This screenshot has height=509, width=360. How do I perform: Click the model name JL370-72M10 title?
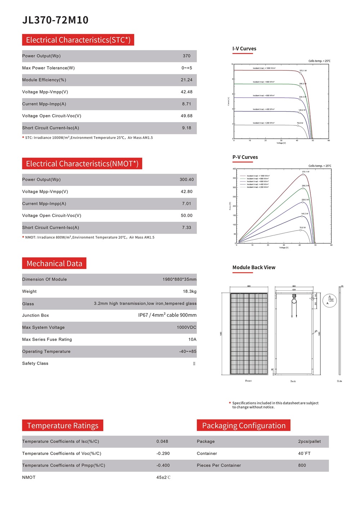55,20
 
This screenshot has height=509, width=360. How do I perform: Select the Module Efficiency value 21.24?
186,80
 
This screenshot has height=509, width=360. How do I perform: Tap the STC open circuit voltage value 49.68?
186,116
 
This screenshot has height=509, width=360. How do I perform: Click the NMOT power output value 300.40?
186,180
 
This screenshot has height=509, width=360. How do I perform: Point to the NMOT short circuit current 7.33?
186,228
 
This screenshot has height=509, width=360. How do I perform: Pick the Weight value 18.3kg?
189,291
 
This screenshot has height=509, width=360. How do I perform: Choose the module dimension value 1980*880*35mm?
179,280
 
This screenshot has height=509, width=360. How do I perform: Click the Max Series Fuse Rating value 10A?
192,339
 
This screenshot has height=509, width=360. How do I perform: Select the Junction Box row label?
35,316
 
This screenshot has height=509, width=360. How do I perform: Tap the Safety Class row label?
35,363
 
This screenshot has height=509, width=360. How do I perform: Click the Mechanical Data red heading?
54,264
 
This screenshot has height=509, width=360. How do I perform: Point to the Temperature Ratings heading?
63,426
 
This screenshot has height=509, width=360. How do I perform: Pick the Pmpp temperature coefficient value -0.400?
163,465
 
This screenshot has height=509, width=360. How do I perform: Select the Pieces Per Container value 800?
302,465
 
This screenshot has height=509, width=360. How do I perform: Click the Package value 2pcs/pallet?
309,442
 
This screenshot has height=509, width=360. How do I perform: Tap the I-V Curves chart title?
244,49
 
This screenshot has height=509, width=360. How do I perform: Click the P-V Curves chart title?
245,157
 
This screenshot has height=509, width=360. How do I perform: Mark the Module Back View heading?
254,267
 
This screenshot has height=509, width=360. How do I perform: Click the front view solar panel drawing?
249,333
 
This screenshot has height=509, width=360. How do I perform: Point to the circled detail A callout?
329,300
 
